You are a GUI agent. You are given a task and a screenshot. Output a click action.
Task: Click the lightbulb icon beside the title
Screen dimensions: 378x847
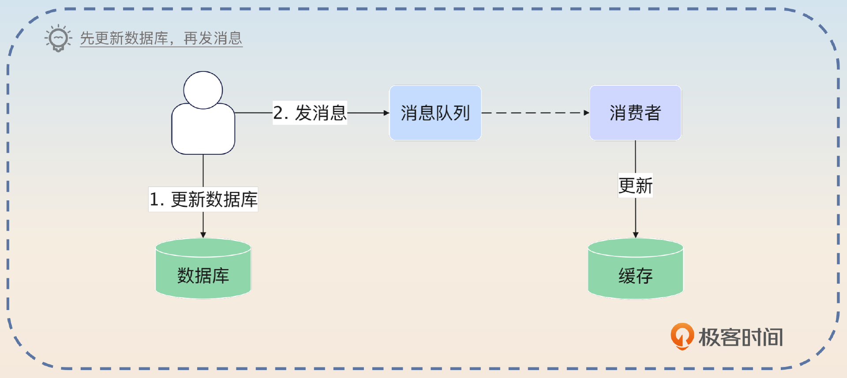tap(58, 38)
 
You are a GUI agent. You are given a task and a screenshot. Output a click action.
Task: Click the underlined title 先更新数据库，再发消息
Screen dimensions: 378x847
tap(161, 38)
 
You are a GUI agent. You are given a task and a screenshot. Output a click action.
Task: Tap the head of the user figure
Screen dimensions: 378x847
tap(203, 90)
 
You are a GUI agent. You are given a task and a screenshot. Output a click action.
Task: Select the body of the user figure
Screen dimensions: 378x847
tap(203, 131)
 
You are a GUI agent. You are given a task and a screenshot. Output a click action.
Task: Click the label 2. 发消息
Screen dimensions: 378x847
tap(310, 113)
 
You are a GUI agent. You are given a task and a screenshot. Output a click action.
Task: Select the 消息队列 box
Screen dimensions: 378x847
tap(435, 113)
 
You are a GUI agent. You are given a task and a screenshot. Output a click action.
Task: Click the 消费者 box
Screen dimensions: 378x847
tap(635, 113)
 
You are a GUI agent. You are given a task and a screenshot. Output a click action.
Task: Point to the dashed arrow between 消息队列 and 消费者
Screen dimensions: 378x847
tap(534, 113)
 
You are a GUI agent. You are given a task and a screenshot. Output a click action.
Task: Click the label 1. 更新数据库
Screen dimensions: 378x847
tap(203, 199)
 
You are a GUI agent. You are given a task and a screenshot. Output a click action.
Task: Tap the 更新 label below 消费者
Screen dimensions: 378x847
tap(635, 185)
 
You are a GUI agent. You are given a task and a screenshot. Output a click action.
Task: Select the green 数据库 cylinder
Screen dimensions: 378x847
tap(203, 276)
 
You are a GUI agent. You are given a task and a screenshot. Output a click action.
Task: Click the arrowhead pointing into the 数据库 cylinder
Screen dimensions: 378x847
tap(203, 235)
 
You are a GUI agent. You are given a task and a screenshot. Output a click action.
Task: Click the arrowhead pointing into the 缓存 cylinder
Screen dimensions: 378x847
tap(635, 235)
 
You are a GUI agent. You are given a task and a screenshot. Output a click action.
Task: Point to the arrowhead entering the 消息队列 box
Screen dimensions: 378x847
tap(386, 113)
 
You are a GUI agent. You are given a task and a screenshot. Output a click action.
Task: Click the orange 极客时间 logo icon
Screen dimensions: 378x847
tap(682, 336)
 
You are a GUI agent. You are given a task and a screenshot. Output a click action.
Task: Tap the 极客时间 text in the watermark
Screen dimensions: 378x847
tap(741, 337)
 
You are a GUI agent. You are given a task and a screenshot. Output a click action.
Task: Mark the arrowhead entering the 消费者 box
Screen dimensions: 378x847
tap(586, 113)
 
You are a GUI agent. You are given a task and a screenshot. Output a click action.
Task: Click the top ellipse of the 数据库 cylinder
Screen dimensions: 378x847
tap(203, 247)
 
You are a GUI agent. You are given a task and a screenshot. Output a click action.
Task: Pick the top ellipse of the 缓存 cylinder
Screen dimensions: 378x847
tap(635, 247)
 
